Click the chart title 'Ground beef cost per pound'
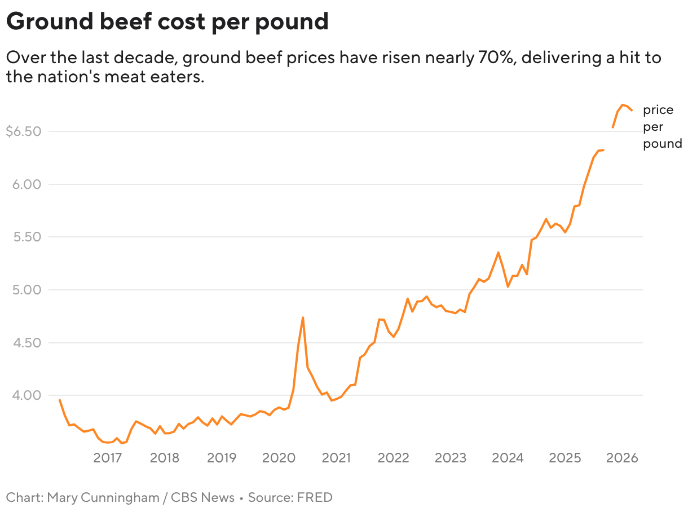(x=167, y=21)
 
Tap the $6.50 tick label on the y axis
(x=23, y=132)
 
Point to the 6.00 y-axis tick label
(x=28, y=184)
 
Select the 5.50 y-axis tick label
(x=28, y=237)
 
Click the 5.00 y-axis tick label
(x=28, y=290)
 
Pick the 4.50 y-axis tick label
(x=28, y=343)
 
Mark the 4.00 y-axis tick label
(x=28, y=395)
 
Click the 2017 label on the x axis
(x=108, y=457)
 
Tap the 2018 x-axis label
(x=165, y=457)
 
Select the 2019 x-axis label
(x=222, y=457)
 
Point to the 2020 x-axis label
(x=279, y=457)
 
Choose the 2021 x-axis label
(x=336, y=457)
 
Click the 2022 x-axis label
(x=393, y=457)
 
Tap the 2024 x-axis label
(x=508, y=457)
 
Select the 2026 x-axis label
(x=622, y=457)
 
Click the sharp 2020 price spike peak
(x=303, y=317)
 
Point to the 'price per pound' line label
(x=661, y=127)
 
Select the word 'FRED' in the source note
(x=315, y=497)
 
